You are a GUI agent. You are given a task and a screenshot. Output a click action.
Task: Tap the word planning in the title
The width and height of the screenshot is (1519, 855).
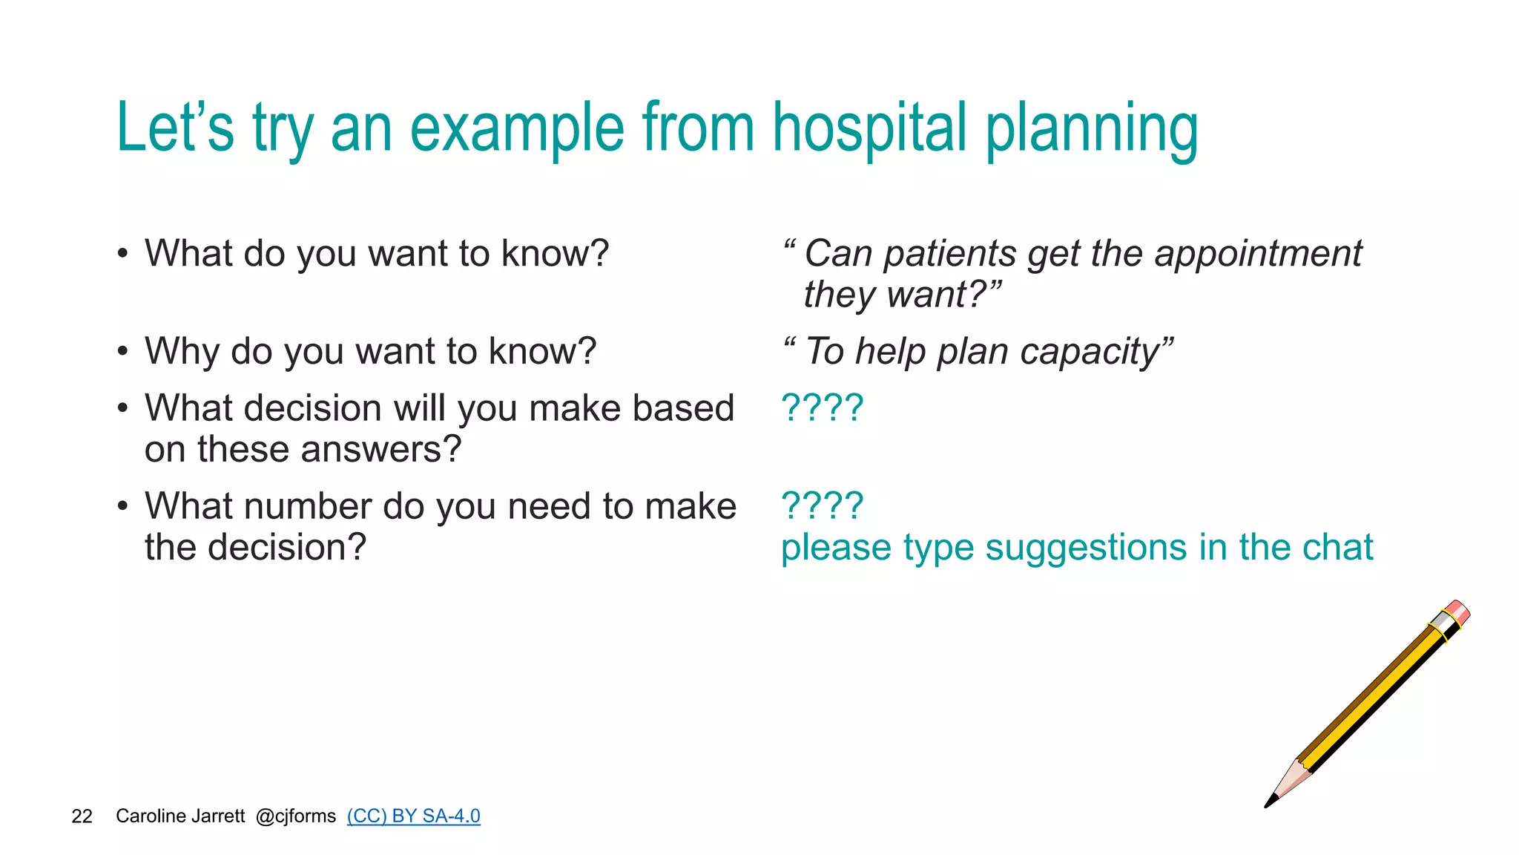tap(1091, 130)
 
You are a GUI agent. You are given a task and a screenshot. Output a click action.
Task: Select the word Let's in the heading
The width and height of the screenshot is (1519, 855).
tap(175, 128)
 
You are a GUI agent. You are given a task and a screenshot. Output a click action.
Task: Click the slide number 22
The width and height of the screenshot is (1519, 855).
tap(82, 816)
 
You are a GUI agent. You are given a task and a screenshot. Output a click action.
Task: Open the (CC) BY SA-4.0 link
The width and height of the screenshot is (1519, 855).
tap(413, 816)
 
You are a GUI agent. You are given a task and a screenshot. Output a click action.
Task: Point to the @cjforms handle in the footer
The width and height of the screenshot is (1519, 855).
tap(295, 816)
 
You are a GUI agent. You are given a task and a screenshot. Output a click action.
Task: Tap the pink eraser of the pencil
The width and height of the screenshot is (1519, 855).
tap(1459, 612)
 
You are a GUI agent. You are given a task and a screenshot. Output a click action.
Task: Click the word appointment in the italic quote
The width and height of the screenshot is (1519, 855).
tap(1258, 254)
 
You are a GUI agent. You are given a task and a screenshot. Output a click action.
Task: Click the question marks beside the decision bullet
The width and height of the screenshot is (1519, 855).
tap(822, 407)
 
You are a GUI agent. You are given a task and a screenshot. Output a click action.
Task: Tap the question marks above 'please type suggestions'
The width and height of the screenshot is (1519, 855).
tap(822, 505)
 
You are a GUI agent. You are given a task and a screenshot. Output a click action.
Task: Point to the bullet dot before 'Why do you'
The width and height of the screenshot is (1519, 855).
tap(122, 352)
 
